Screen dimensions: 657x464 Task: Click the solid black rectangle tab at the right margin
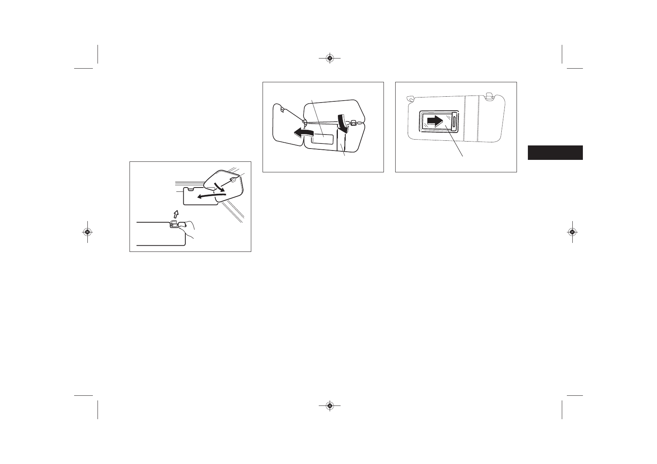coord(555,152)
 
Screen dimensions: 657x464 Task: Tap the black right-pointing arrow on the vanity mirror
coord(436,121)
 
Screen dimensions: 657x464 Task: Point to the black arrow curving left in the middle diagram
coord(305,133)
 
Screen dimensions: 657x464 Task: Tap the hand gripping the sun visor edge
coord(190,229)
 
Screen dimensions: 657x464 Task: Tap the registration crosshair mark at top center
coord(330,58)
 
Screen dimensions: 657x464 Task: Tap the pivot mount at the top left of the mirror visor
coord(410,99)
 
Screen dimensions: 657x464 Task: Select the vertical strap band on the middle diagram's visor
coord(341,142)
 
